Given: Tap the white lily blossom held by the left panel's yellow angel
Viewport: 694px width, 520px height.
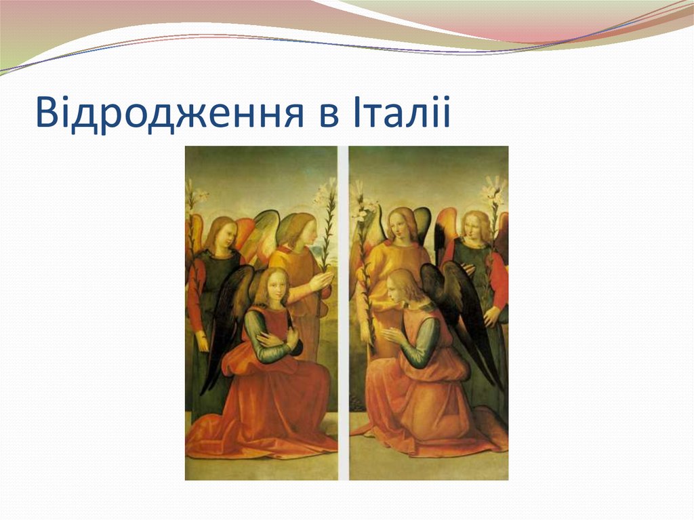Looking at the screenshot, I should (x=325, y=193).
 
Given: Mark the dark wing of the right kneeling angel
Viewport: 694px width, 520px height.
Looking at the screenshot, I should (x=461, y=305).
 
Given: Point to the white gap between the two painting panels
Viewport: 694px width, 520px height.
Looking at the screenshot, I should (x=343, y=312).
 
